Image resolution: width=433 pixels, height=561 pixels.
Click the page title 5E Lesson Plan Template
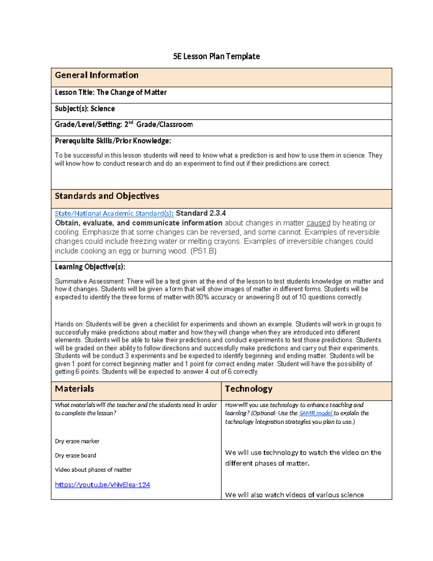coord(216,56)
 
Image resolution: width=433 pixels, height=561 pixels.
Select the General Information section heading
coord(96,75)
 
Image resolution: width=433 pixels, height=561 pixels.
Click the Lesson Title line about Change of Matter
coord(110,92)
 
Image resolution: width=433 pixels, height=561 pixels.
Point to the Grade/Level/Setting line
coord(123,125)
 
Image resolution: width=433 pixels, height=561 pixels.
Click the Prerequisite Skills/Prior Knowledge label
coord(113,141)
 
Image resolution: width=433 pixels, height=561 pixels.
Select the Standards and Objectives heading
coord(107,196)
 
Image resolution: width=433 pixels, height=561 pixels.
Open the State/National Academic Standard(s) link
coord(114,213)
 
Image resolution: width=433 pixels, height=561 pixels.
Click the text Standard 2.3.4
coord(201,213)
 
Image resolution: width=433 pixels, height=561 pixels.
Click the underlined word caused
coord(318,223)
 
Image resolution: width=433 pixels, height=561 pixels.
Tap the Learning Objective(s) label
coord(90,267)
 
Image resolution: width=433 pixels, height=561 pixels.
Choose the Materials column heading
coord(74,389)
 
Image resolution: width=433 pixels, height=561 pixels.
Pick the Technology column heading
coord(249,389)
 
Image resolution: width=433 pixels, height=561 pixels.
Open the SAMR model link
coord(316,413)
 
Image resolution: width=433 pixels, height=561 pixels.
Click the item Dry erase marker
coord(77,441)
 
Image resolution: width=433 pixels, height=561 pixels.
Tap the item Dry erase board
coord(75,456)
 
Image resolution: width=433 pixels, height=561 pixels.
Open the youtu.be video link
coord(102,485)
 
